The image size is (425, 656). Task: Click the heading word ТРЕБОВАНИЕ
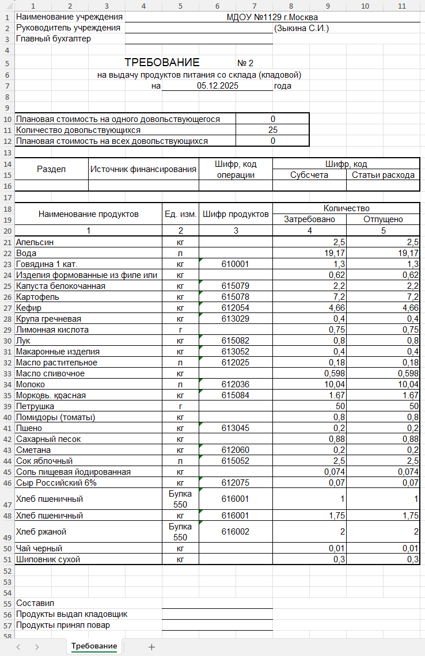pyautogui.click(x=162, y=63)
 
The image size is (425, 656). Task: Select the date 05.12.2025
pyautogui.click(x=217, y=86)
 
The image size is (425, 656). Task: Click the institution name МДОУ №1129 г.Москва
pyautogui.click(x=272, y=17)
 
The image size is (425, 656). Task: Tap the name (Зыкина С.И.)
pyautogui.click(x=301, y=28)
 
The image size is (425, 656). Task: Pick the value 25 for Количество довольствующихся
pyautogui.click(x=272, y=130)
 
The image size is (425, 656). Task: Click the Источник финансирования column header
pyautogui.click(x=143, y=169)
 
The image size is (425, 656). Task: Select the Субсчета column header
pyautogui.click(x=309, y=175)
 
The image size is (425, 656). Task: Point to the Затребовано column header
pyautogui.click(x=309, y=219)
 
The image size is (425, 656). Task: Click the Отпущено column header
pyautogui.click(x=383, y=219)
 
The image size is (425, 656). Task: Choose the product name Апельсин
pyautogui.click(x=35, y=242)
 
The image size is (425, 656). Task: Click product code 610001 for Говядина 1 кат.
pyautogui.click(x=235, y=264)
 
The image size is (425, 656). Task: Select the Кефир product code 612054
pyautogui.click(x=235, y=308)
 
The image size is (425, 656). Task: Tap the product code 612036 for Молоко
pyautogui.click(x=235, y=384)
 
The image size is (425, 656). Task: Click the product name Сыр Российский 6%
pyautogui.click(x=56, y=482)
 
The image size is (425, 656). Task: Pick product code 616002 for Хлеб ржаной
pyautogui.click(x=235, y=531)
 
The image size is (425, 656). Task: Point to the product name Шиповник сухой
pyautogui.click(x=48, y=559)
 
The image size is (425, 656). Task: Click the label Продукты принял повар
pyautogui.click(x=63, y=625)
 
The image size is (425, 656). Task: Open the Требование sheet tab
pyautogui.click(x=94, y=646)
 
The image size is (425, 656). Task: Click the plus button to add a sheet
pyautogui.click(x=152, y=647)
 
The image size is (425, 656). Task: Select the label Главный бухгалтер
pyautogui.click(x=54, y=39)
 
